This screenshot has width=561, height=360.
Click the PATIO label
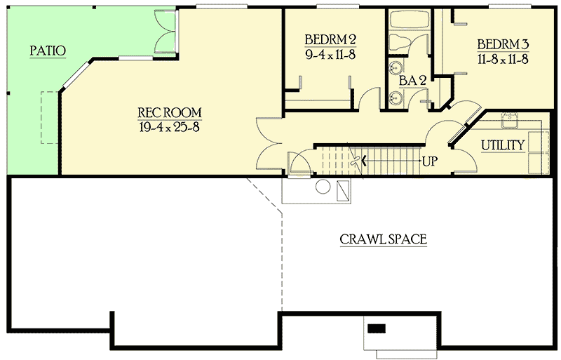coord(48,51)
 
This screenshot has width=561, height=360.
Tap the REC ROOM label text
coord(169,112)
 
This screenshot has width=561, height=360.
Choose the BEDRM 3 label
coord(502,44)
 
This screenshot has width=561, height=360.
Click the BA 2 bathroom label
coord(413,80)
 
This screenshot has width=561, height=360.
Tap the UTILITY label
coord(503,145)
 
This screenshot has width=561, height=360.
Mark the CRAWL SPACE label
coord(383,239)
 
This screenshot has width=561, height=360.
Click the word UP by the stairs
coord(430,161)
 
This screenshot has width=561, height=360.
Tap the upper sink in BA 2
coord(395,68)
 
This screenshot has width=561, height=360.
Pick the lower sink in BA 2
coord(395,98)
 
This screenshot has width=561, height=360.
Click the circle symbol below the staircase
coord(323,187)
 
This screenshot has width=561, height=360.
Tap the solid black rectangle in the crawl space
coord(377,328)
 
